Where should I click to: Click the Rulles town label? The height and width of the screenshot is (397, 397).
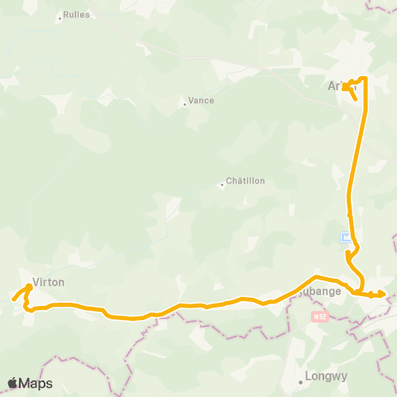pos(78,15)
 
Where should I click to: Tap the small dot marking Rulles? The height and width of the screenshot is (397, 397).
pos(60,16)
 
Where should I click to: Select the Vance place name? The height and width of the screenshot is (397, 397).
pos(201,101)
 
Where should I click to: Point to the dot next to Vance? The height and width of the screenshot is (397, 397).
pos(184,103)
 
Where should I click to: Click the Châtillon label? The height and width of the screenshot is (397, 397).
pos(246,182)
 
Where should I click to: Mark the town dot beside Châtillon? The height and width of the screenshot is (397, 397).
pos(222,184)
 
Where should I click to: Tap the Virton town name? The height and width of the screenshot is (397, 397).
pos(48,281)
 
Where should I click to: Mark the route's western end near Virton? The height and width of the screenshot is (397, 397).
pos(13,299)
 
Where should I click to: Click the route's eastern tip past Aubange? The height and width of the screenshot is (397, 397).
pos(385,294)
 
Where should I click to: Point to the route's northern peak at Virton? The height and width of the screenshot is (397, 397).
pos(29,286)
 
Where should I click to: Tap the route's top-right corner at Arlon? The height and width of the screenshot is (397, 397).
pos(365,79)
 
